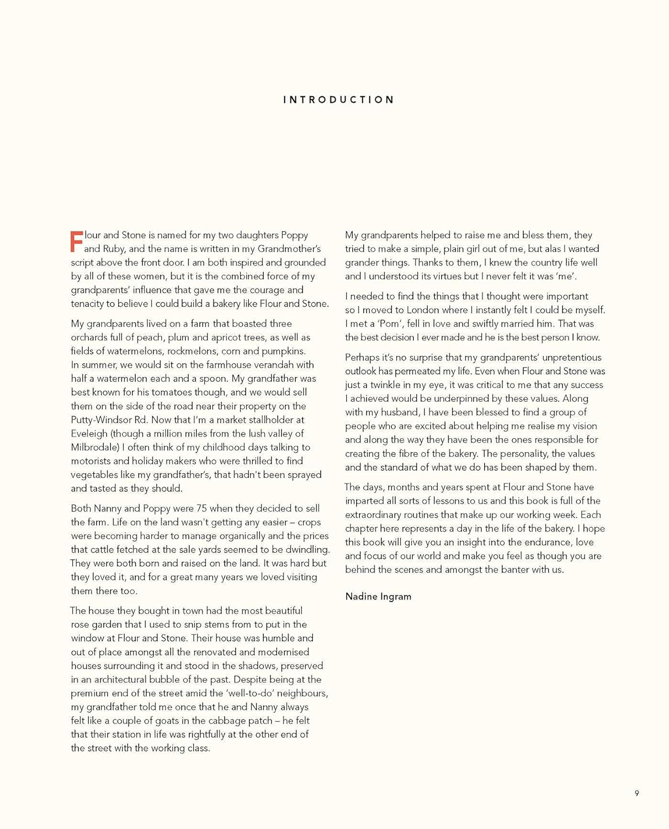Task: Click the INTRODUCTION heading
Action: point(339,100)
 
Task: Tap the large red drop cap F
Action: point(77,242)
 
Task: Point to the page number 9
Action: point(636,793)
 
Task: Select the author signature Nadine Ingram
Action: point(378,596)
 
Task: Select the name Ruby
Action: point(114,249)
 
